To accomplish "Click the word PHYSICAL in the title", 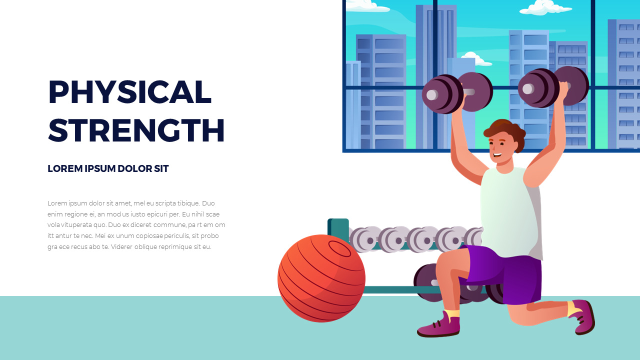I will (129, 92).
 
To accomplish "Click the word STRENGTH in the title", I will (136, 130).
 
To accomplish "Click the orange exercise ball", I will (321, 278).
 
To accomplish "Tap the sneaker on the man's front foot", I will (438, 326).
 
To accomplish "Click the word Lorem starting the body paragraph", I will (56, 203).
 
